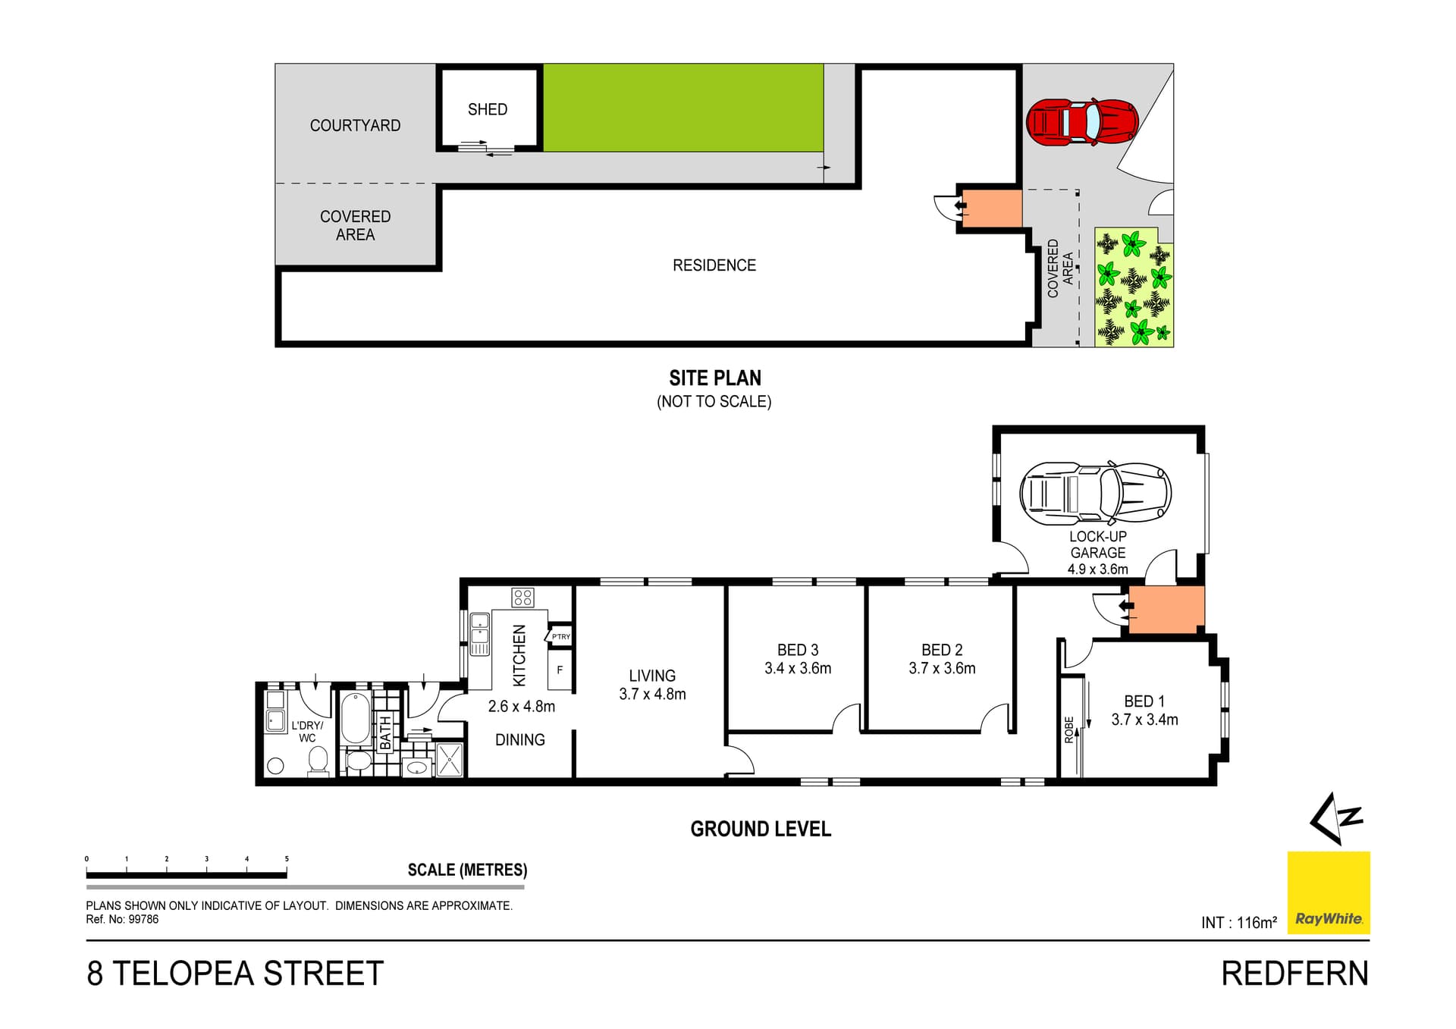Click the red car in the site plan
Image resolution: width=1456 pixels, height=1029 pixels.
(x=1081, y=121)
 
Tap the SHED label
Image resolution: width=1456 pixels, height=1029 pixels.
(x=487, y=109)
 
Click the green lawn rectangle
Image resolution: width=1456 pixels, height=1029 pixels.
(x=682, y=108)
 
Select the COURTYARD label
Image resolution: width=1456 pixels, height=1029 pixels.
(x=355, y=126)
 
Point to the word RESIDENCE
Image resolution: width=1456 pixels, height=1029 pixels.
(x=714, y=265)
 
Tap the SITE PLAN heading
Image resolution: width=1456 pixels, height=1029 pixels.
(x=714, y=378)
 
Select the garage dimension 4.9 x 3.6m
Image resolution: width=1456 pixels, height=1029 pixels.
(x=1097, y=569)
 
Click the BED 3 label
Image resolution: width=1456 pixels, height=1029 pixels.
(x=797, y=650)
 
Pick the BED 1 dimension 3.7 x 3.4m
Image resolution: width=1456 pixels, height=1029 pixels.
(x=1144, y=720)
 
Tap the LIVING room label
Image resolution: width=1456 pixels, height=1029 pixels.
(x=651, y=676)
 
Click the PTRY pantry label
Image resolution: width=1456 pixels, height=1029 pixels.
(x=560, y=637)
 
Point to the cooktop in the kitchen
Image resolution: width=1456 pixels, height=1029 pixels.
(x=522, y=598)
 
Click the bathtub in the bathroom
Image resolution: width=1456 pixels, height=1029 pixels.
(x=355, y=718)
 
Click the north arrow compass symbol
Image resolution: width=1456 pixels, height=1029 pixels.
(x=1336, y=818)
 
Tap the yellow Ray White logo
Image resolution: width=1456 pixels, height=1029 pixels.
(x=1328, y=893)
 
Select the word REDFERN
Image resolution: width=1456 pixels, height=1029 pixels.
(x=1294, y=974)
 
